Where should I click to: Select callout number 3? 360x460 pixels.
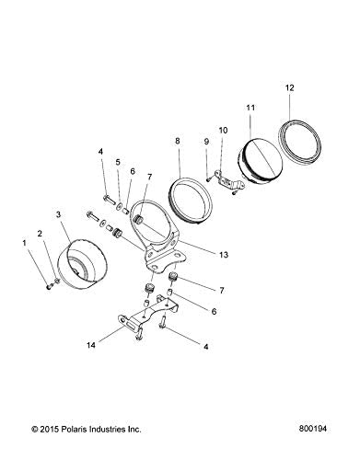(58, 214)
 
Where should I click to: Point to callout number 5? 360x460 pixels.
(117, 163)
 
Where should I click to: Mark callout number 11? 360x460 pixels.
(249, 109)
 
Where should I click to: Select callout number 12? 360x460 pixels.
(289, 87)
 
